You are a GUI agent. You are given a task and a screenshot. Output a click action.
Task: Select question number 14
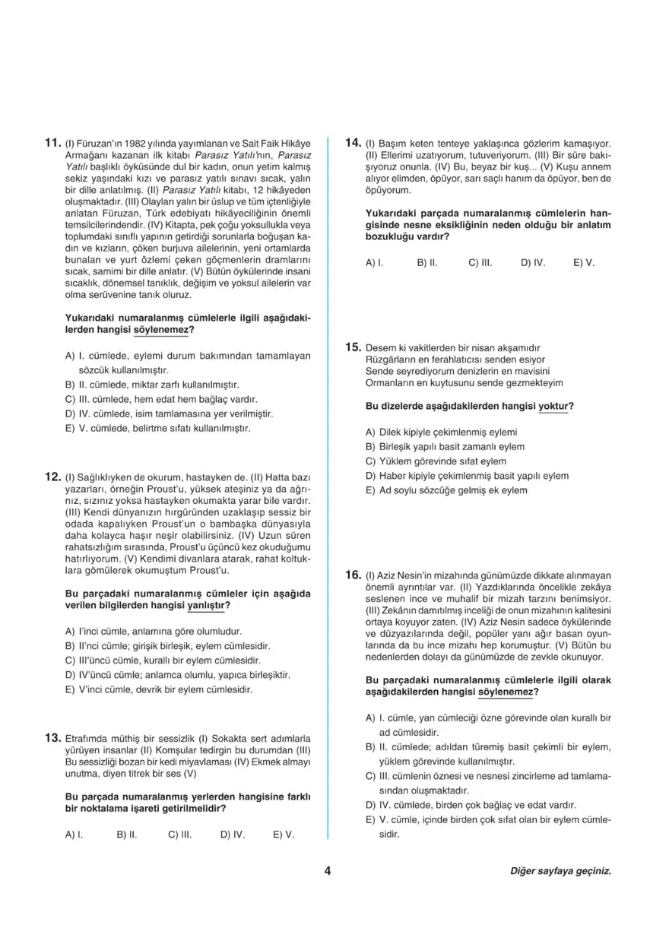(x=352, y=142)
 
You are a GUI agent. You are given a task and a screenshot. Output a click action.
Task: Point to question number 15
(x=352, y=347)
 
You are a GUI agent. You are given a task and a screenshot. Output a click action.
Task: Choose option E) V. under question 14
(x=584, y=262)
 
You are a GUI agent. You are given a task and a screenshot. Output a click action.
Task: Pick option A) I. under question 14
(x=373, y=262)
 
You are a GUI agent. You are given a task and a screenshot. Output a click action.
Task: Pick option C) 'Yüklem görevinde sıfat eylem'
(x=436, y=461)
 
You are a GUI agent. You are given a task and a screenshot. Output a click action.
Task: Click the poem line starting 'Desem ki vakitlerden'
(x=452, y=347)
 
